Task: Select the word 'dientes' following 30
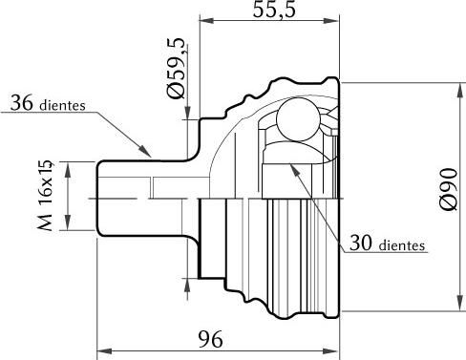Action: (x=402, y=245)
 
